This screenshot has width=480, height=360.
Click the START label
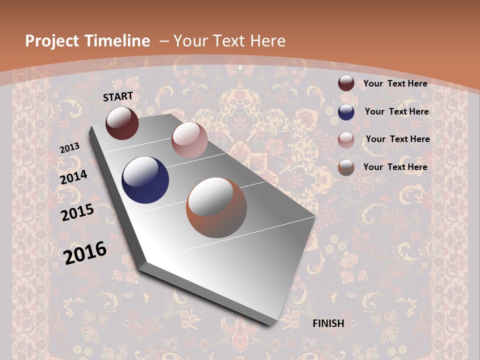(x=118, y=96)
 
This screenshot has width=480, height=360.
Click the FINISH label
(x=328, y=323)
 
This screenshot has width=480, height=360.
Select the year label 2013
(x=70, y=147)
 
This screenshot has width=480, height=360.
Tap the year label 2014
(x=74, y=177)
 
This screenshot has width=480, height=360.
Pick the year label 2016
(x=85, y=252)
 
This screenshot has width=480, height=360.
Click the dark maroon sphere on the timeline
(x=122, y=123)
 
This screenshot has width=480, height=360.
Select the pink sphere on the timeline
(x=189, y=140)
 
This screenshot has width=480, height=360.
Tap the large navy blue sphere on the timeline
(x=145, y=180)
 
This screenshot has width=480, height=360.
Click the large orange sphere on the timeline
(x=216, y=207)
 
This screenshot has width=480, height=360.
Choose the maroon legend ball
(x=346, y=83)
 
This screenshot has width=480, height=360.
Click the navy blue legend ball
(x=346, y=111)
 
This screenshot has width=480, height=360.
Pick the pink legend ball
(x=346, y=139)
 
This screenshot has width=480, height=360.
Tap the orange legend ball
(x=346, y=167)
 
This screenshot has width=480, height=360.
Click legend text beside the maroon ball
(x=395, y=83)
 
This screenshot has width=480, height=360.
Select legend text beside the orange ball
(x=395, y=167)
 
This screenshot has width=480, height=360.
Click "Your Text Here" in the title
(x=229, y=41)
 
